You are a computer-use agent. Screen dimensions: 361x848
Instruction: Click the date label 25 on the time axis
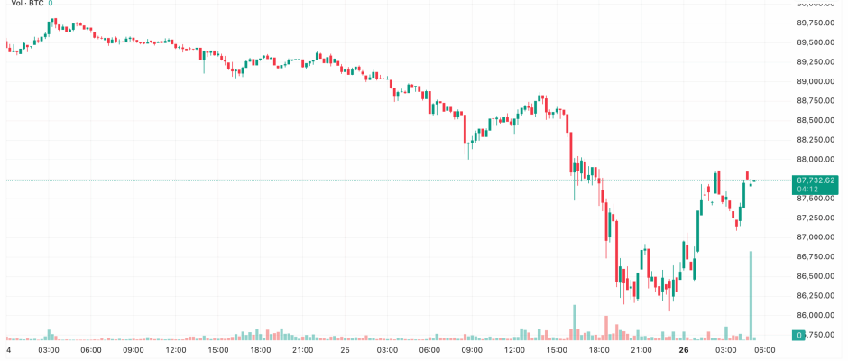click(345, 349)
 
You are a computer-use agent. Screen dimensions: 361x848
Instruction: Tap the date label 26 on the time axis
click(685, 349)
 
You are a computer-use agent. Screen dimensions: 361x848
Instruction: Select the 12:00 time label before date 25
click(176, 349)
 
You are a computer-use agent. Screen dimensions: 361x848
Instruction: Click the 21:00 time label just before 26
click(641, 349)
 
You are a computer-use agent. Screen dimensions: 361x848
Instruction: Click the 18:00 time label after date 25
click(599, 349)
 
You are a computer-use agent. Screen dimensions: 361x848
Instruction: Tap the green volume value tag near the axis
click(798, 335)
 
